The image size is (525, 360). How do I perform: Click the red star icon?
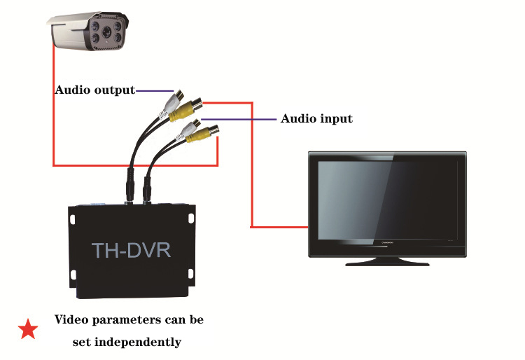(28, 328)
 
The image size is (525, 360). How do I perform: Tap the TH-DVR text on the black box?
(131, 249)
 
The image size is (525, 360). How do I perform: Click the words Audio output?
(94, 90)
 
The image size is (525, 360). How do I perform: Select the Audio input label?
(316, 118)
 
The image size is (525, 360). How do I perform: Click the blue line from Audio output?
(154, 90)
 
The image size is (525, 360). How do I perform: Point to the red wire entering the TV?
(280, 227)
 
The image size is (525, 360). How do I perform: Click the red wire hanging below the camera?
(54, 105)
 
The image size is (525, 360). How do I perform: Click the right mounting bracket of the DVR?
(192, 217)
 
